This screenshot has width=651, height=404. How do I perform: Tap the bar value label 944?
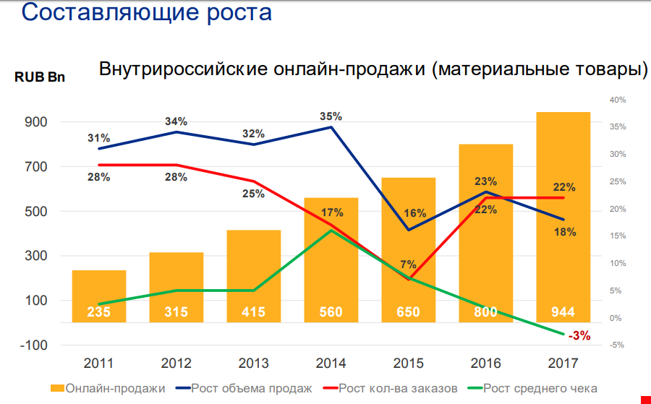click(562, 312)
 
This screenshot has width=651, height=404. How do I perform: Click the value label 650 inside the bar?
click(408, 312)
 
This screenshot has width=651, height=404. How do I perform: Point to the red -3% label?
click(579, 335)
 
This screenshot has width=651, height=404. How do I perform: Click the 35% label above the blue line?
click(331, 116)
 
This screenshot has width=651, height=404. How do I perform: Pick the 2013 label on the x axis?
click(253, 362)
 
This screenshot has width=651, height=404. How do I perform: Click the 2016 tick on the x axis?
click(485, 362)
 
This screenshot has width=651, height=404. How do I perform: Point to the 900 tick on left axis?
click(37, 122)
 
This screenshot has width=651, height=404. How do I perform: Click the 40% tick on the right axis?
click(617, 100)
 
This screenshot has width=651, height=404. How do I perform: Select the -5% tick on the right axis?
click(617, 345)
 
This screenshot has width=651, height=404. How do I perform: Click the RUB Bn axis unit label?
click(40, 77)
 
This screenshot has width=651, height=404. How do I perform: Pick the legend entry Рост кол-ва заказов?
click(399, 388)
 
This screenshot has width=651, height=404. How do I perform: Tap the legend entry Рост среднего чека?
click(540, 388)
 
